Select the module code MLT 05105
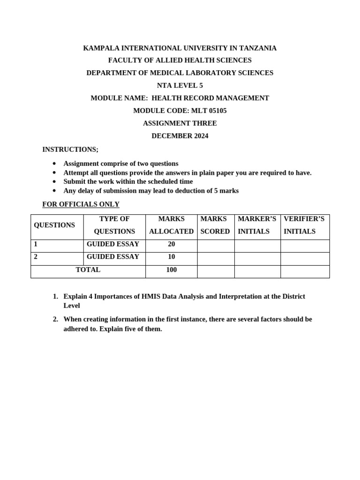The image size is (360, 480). (209, 111)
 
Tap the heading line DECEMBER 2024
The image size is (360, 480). (180, 136)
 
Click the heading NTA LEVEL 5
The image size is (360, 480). (180, 86)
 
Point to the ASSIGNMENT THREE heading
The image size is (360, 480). (180, 124)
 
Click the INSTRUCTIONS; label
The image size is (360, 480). (70, 150)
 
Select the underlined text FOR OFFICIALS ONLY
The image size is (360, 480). (81, 204)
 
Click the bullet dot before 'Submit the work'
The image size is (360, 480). (54, 182)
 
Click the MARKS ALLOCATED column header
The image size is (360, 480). (171, 225)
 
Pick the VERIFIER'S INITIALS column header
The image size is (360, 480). (304, 225)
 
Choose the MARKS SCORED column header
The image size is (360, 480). (215, 225)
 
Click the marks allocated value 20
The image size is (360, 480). (171, 244)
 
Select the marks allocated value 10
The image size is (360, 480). (171, 257)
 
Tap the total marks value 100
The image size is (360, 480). (171, 270)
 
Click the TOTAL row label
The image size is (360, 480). (88, 270)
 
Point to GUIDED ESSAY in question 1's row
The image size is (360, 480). (113, 244)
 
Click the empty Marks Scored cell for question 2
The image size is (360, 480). (216, 259)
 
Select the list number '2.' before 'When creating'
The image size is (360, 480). (55, 319)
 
